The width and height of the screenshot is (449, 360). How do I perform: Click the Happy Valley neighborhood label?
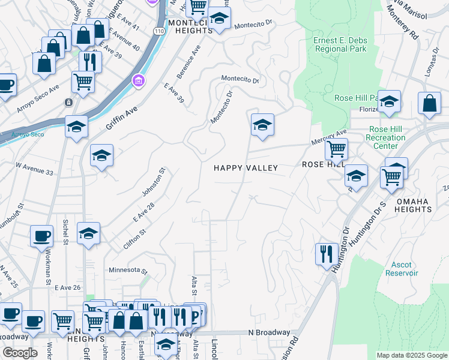click(246, 168)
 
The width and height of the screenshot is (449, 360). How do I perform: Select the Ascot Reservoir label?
click(401, 269)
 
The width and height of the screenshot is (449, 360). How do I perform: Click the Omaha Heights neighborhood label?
click(412, 205)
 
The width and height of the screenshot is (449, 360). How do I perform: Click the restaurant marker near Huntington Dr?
click(324, 253)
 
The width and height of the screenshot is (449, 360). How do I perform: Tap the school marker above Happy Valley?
click(262, 125)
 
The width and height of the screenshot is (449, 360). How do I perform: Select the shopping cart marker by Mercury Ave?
click(336, 148)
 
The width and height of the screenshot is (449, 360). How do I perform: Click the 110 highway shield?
click(158, 30)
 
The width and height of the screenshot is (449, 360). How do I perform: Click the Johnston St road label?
click(152, 183)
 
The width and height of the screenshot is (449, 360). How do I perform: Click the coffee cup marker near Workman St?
click(41, 236)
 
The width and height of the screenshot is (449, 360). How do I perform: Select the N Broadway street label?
click(269, 332)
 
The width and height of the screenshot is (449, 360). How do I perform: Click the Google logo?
click(20, 353)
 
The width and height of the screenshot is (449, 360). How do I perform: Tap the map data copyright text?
click(412, 355)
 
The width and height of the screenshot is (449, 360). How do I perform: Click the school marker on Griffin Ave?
click(77, 127)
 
